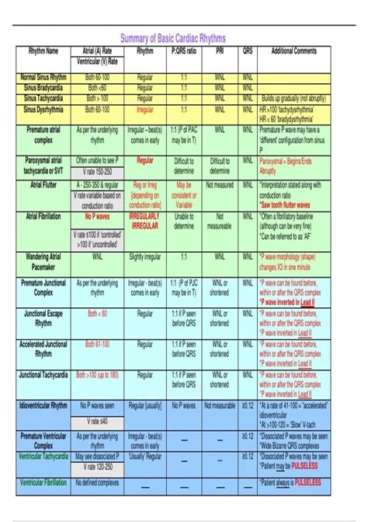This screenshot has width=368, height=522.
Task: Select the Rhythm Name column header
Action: point(43,51)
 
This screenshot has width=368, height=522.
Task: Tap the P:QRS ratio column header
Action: point(184,51)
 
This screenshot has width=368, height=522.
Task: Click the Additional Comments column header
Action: point(294,51)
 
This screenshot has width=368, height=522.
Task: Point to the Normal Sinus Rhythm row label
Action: point(43,78)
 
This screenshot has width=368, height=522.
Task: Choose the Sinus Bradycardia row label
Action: point(43,88)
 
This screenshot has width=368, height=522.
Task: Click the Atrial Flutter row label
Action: point(43,185)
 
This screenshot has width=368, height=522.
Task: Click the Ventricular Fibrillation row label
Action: point(43,482)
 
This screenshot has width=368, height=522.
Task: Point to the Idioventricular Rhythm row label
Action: point(43,405)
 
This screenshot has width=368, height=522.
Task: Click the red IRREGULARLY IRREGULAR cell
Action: point(144,220)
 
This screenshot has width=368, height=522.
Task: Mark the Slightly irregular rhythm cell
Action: point(144,255)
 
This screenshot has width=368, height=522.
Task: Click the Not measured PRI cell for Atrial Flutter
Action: point(220,185)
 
